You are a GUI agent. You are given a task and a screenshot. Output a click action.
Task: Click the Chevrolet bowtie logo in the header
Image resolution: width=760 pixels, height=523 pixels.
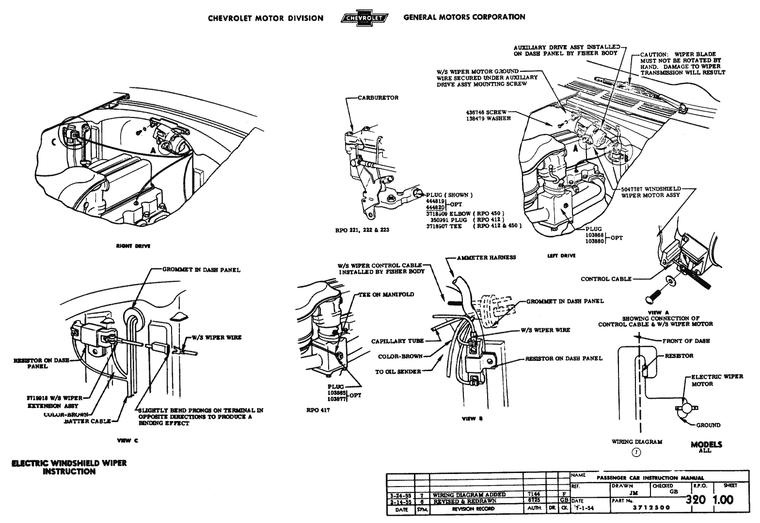point(364,18)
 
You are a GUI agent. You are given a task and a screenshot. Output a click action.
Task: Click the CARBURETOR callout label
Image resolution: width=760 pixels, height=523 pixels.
point(378,98)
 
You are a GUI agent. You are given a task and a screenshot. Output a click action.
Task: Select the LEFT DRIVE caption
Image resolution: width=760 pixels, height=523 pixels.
point(561,256)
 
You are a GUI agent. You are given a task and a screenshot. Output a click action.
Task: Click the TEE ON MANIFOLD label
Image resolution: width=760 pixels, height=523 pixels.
point(386,294)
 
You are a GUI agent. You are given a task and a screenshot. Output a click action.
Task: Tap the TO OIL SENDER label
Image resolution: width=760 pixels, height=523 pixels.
point(398,372)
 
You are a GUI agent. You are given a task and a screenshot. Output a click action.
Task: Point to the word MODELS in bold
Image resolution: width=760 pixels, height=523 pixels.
point(706,444)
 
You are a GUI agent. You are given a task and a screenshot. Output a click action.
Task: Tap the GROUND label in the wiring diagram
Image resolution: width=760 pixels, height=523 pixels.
point(708,425)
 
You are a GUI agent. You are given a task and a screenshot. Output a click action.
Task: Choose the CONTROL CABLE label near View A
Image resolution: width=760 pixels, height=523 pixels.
point(606,279)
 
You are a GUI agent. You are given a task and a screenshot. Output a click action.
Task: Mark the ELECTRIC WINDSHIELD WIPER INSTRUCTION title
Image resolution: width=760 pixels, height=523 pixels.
point(69,467)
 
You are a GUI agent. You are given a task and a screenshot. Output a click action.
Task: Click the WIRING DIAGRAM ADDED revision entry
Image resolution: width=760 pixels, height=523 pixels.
point(469,495)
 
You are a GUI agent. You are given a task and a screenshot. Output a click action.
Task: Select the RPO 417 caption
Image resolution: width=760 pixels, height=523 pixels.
point(318,409)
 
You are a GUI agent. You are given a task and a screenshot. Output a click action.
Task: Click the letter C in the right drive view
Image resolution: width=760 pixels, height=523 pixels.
point(53,142)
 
